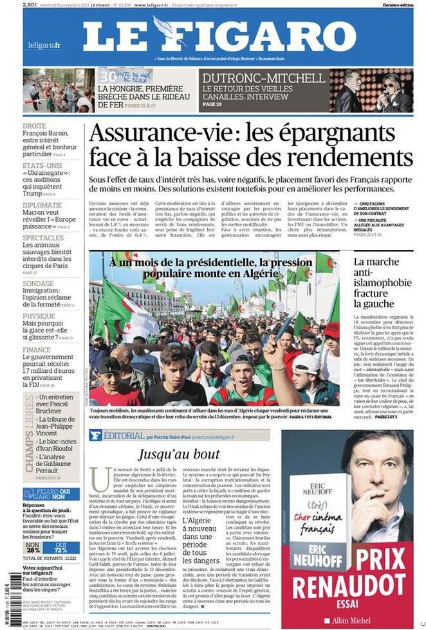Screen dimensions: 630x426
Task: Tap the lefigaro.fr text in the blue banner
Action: tap(44, 45)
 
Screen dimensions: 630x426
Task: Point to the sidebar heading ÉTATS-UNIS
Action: tap(42, 165)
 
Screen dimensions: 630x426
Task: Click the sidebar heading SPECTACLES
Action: tap(43, 238)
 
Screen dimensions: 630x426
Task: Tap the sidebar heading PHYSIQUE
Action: tap(39, 316)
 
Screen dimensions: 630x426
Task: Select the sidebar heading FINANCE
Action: tap(37, 350)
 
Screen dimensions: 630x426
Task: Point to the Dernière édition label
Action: tap(398, 4)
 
